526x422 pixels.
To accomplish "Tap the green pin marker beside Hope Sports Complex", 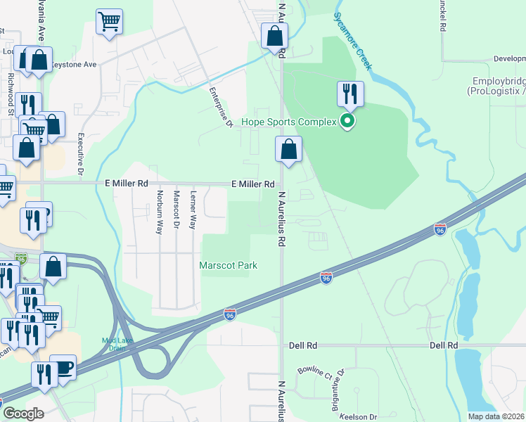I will (x=347, y=122).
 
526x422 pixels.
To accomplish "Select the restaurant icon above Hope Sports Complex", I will (x=350, y=93).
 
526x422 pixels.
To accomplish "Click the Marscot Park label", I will (x=228, y=265).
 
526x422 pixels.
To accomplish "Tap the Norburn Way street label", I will (x=160, y=212).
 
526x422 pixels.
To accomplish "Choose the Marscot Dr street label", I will (x=176, y=210).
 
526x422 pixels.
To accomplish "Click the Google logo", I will (x=23, y=414).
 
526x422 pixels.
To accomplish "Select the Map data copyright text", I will (x=496, y=416).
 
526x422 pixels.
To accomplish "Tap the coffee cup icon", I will (x=63, y=367).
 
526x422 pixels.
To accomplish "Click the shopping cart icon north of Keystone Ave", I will (x=109, y=22).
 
